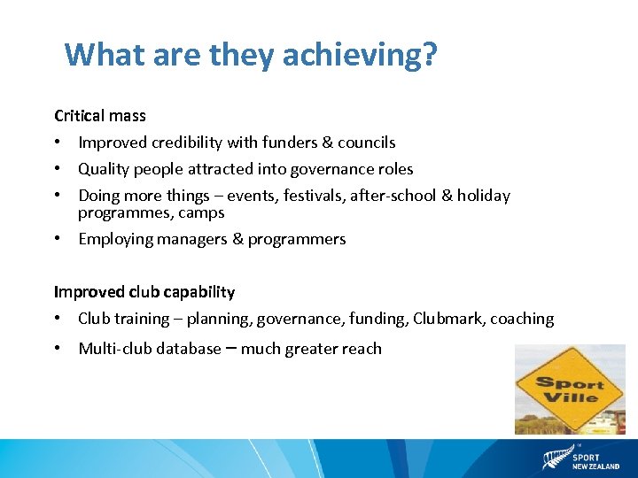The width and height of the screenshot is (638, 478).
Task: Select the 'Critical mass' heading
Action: (x=100, y=116)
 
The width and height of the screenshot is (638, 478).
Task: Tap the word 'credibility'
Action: (x=180, y=143)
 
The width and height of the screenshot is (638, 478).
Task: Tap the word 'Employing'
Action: (x=113, y=239)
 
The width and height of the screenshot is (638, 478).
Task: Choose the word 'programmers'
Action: (x=297, y=239)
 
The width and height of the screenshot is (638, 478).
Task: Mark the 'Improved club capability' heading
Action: (x=144, y=292)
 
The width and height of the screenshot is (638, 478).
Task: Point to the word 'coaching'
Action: (x=522, y=319)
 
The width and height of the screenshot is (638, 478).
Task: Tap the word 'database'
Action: (x=189, y=349)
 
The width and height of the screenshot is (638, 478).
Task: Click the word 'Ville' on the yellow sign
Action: (x=570, y=397)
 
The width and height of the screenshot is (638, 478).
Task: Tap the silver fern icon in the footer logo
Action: (x=555, y=459)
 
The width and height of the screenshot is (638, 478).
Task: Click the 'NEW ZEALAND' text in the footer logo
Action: (x=595, y=466)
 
